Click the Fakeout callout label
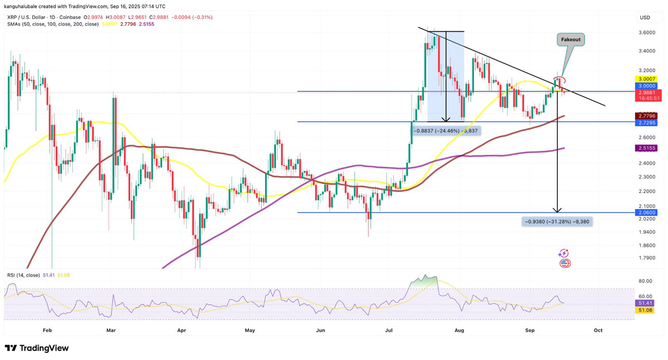coord(571,40)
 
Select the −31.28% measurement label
coord(557,221)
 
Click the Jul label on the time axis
coord(389,330)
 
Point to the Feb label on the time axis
coord(47,330)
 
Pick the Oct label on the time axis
coord(598,330)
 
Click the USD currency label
coord(645,17)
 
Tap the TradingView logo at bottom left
coord(37,348)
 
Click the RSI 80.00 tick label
coord(645,282)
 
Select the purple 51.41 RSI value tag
coord(646,303)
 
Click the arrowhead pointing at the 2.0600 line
coord(557,210)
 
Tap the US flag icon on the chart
coord(564,263)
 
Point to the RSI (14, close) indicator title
coord(23,275)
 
